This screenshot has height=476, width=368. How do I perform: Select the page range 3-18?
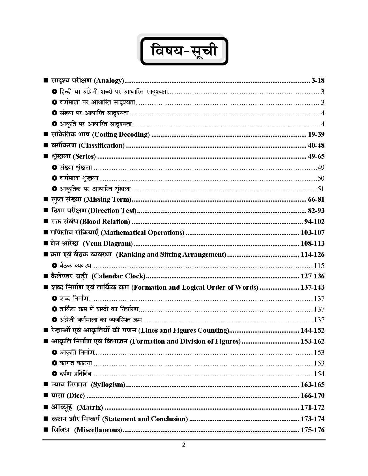point(318,81)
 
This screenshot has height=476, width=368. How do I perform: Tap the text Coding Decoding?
point(122,134)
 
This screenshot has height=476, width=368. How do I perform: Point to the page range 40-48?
point(316,145)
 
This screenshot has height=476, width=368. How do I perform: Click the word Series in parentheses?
point(84,156)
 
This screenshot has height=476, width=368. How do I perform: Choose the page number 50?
point(321,178)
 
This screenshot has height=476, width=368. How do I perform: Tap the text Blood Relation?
point(105,222)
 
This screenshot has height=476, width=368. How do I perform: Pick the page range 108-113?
point(313,243)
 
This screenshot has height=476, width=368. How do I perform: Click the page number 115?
point(319,266)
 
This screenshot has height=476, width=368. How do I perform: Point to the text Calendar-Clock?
point(118,276)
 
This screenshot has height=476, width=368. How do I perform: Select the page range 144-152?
point(313,330)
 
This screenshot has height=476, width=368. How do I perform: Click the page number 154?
point(319,374)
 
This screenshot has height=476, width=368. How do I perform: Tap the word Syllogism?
point(108,385)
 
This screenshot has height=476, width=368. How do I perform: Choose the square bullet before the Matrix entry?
point(45,407)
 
